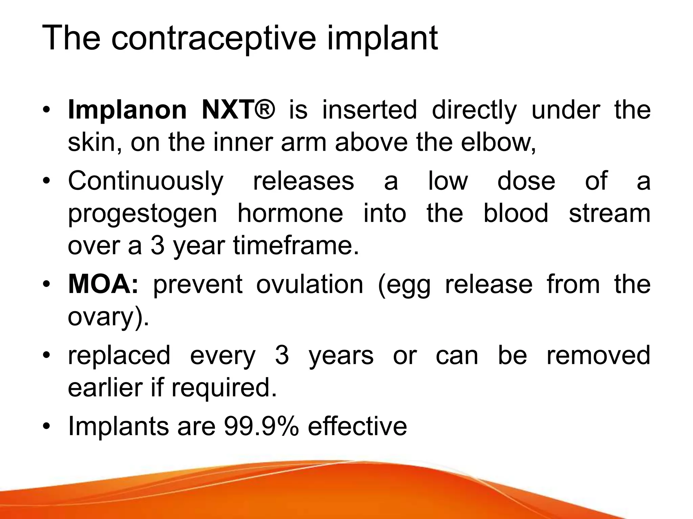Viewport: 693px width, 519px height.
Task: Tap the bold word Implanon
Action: point(127,110)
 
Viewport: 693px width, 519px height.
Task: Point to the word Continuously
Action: point(146,181)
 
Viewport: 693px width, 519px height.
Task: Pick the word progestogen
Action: point(142,214)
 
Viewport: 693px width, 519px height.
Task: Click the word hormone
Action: point(290,213)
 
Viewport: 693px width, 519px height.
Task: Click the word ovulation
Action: point(310,284)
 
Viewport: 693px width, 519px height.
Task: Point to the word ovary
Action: point(105,317)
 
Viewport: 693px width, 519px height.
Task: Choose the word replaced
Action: point(119,355)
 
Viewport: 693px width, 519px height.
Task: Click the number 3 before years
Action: point(282,355)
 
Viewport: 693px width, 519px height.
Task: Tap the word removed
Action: point(599,355)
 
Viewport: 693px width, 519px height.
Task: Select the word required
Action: point(224,388)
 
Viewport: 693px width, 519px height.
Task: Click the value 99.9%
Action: point(261,426)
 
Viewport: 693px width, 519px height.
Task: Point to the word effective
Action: point(357,426)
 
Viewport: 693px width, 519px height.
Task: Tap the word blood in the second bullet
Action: point(516,213)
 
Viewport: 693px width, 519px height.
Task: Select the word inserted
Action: point(370,110)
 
